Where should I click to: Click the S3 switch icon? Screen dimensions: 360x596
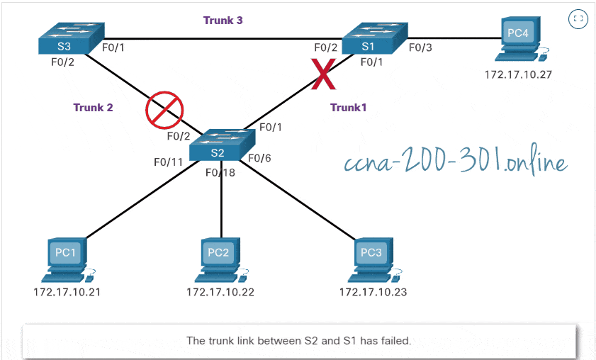click(x=69, y=39)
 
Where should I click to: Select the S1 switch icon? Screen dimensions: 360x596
click(x=373, y=39)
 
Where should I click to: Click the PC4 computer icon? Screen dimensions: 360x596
click(x=519, y=41)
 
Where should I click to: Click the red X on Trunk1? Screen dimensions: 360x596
click(x=324, y=76)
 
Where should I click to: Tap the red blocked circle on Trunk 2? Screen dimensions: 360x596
click(x=164, y=110)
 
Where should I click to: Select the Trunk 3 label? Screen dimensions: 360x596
click(x=223, y=21)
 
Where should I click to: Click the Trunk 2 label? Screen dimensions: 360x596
click(x=93, y=108)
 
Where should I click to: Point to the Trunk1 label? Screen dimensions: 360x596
click(x=348, y=108)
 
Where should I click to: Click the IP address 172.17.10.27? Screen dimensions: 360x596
click(x=518, y=74)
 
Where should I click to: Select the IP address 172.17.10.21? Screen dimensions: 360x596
click(x=67, y=292)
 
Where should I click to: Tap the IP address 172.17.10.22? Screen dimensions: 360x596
click(x=220, y=292)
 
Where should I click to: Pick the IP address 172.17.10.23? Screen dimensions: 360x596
click(x=373, y=292)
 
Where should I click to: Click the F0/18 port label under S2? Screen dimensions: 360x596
click(x=220, y=172)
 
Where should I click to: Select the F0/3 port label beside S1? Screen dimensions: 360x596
click(x=420, y=47)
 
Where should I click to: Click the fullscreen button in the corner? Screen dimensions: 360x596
click(x=578, y=19)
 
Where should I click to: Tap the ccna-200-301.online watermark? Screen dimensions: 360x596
click(x=455, y=164)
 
